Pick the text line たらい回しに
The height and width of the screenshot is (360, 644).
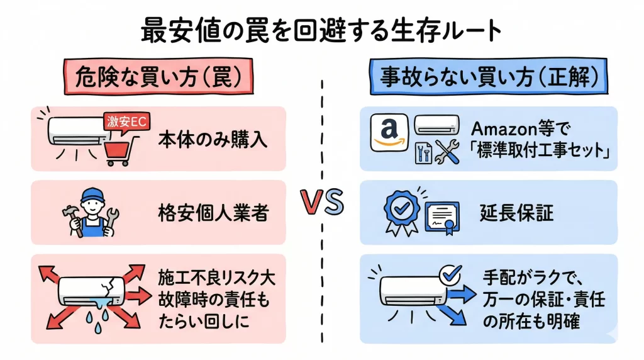pyautogui.click(x=205, y=321)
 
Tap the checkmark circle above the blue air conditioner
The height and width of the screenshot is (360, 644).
pyautogui.click(x=451, y=274)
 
